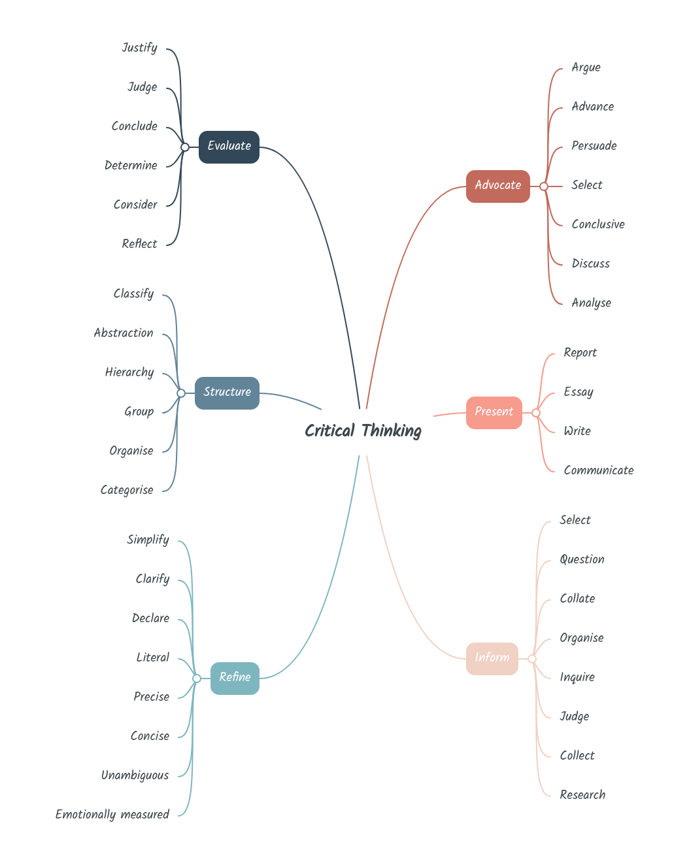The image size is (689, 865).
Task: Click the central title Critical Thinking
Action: (363, 431)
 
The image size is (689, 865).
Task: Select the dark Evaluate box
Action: (229, 147)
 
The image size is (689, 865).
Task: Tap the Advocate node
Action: (497, 186)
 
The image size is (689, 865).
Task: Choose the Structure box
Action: (227, 393)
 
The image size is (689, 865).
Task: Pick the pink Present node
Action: (494, 412)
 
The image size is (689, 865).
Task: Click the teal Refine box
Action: (235, 678)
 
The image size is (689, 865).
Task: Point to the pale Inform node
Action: (492, 658)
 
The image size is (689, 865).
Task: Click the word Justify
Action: (139, 48)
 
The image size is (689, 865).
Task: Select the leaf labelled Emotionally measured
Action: (112, 815)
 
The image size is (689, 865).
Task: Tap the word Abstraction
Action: (124, 333)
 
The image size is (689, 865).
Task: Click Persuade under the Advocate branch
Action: (594, 146)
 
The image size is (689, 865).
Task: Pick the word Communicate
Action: (598, 470)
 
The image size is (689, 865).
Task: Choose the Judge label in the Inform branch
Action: (574, 716)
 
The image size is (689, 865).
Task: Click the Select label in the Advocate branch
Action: (586, 185)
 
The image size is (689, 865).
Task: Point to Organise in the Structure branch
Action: (131, 451)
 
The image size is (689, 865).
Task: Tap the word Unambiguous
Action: (135, 775)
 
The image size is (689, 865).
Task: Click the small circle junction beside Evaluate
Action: (185, 147)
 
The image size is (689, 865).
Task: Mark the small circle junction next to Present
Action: (536, 413)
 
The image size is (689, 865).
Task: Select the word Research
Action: (582, 795)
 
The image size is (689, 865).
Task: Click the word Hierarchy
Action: (129, 372)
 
